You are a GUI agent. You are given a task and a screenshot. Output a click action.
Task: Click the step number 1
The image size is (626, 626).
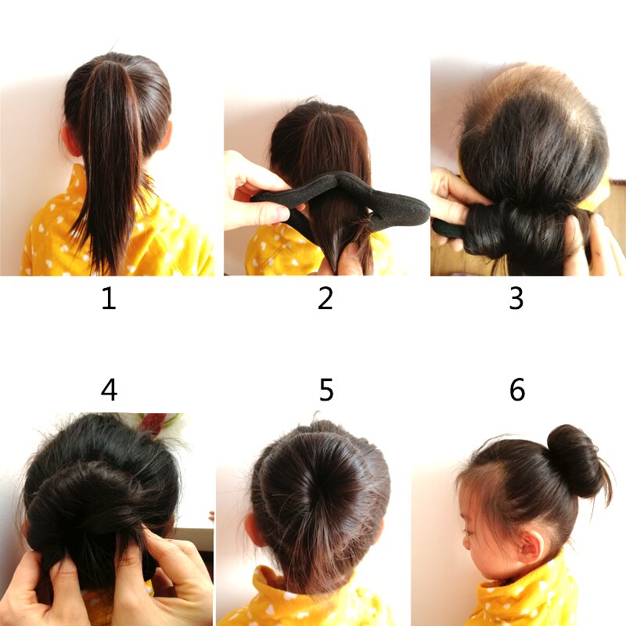click(x=109, y=299)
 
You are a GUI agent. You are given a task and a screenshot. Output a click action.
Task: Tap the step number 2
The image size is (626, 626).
click(x=326, y=299)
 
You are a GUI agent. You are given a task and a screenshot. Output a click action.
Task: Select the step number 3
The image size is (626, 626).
click(x=516, y=299)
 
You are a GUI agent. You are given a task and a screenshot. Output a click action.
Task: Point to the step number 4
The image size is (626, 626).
click(x=110, y=389)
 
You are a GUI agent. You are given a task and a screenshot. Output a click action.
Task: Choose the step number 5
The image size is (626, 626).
click(x=326, y=389)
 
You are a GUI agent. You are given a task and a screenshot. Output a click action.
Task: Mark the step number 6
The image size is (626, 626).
click(x=517, y=389)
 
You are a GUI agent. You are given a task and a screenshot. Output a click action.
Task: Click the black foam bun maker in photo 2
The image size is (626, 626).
click(x=391, y=205)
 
